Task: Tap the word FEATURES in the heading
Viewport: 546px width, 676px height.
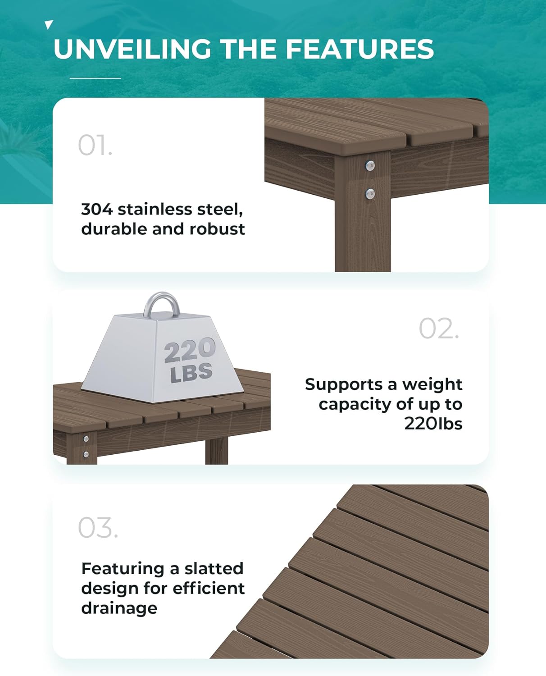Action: tap(359, 49)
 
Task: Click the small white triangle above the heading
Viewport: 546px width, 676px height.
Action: tap(49, 24)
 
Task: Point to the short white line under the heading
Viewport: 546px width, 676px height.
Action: tap(95, 78)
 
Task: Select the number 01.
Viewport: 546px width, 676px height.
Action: tap(95, 146)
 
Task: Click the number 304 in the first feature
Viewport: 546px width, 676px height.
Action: tap(96, 210)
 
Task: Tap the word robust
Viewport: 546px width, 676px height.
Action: tap(217, 229)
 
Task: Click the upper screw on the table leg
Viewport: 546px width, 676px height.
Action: tap(370, 166)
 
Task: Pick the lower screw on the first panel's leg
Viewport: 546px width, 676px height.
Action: tap(370, 194)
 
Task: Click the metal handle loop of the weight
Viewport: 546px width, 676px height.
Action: tap(162, 303)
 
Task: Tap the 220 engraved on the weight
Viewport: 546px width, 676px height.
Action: tap(190, 350)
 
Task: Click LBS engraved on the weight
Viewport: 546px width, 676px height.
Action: tap(191, 373)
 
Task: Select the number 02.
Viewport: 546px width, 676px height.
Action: tap(438, 329)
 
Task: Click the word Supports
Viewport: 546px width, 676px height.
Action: tap(344, 384)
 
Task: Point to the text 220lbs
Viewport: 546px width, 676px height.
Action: tap(433, 424)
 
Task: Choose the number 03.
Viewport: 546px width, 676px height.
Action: tap(98, 528)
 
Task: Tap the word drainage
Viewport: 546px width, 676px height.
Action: tap(119, 608)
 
